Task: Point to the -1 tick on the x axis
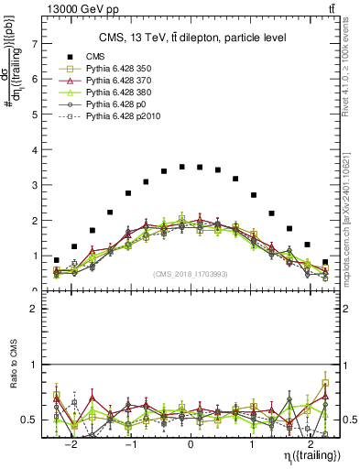131,444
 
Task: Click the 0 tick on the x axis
191,444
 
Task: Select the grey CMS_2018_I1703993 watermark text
191,273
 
